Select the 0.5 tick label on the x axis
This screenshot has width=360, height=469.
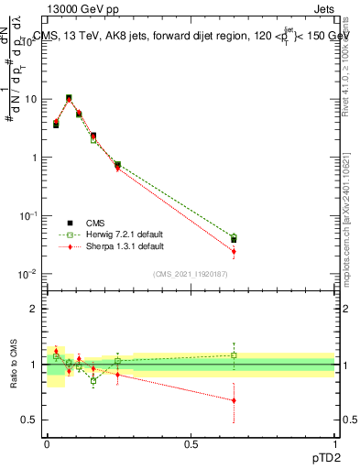click(x=191, y=443)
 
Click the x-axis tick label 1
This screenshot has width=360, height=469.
click(x=334, y=443)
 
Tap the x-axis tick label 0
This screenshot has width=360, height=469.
click(x=47, y=443)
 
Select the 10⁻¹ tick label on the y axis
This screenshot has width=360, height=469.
click(x=27, y=215)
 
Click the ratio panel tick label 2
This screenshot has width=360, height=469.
click(x=35, y=309)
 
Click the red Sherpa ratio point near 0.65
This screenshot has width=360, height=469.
click(x=234, y=400)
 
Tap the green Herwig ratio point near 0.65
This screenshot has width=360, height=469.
click(x=234, y=355)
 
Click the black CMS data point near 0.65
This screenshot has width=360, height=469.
click(x=234, y=240)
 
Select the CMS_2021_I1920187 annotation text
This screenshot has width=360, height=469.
click(x=191, y=274)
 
